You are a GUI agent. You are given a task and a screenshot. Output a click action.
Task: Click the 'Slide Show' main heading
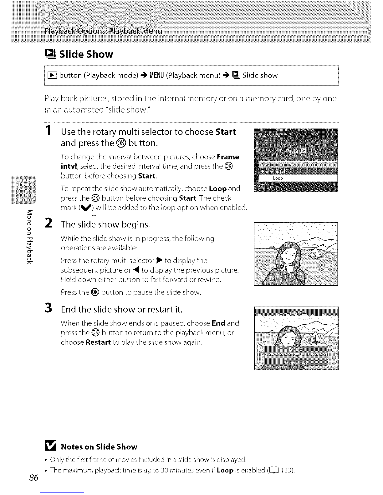pyautogui.click(x=86, y=54)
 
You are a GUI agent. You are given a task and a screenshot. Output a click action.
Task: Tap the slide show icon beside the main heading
pyautogui.click(x=51, y=54)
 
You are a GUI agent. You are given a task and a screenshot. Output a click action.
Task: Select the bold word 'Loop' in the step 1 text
pyautogui.click(x=218, y=189)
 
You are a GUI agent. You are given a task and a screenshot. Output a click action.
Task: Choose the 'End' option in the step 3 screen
pyautogui.click(x=295, y=356)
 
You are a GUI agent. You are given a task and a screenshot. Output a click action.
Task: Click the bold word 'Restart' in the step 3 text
pyautogui.click(x=98, y=342)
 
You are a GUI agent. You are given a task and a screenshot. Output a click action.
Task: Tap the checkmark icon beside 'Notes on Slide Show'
pyautogui.click(x=51, y=447)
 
